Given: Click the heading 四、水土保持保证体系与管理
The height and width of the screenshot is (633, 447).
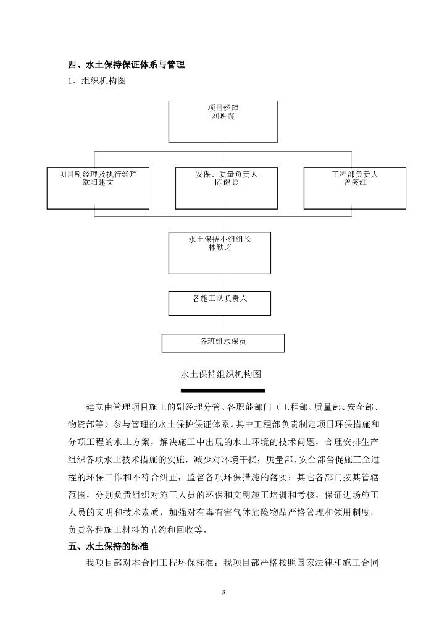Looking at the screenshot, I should (x=126, y=64).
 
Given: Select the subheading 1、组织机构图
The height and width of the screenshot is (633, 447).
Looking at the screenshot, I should (x=97, y=80).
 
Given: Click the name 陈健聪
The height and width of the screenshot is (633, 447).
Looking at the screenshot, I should (x=226, y=183).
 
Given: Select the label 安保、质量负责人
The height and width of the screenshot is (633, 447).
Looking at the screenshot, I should (x=226, y=174).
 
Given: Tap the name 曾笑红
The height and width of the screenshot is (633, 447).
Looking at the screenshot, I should (x=355, y=183).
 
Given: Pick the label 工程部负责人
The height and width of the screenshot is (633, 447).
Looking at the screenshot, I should (x=355, y=174).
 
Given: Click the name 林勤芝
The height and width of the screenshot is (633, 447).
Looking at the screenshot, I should (x=220, y=247).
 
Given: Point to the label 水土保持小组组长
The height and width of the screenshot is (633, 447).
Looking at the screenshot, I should (x=220, y=239).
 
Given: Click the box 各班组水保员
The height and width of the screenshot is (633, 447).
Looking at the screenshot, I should (x=223, y=342).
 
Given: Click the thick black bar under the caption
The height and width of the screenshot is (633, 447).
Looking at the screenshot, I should (x=223, y=391).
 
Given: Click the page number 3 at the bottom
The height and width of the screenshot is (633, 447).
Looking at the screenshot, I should (x=223, y=592).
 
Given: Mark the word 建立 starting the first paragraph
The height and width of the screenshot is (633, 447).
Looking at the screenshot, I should (x=94, y=408).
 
